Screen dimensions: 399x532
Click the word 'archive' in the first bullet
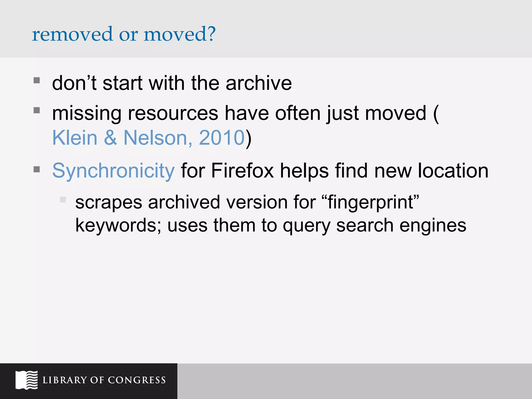(259, 83)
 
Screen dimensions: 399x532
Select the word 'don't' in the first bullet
(74, 83)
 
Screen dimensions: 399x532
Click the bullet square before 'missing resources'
(37, 110)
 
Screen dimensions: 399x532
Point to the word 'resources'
(173, 113)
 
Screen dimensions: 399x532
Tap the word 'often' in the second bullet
(298, 113)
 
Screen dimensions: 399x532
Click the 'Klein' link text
(75, 138)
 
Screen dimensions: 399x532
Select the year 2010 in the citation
(222, 138)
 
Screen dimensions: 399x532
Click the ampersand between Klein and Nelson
(110, 138)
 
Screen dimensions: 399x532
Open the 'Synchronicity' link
(114, 171)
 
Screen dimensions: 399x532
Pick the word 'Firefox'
(242, 171)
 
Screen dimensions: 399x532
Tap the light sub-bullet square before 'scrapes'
(63, 199)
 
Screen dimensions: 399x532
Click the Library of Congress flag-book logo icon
(26, 380)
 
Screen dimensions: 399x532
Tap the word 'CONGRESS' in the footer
(137, 380)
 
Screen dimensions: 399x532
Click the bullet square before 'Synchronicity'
(37, 170)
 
